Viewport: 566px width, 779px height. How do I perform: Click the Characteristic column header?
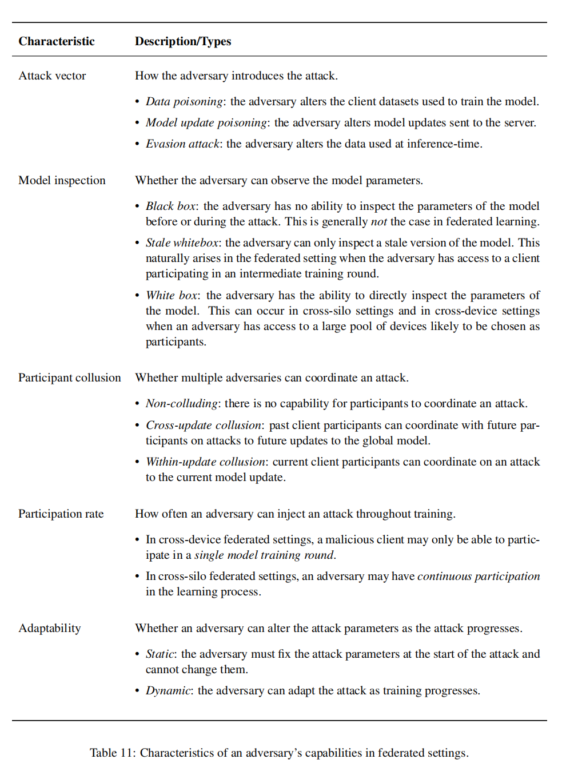tap(57, 41)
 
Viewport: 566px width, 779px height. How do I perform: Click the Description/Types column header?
tap(183, 41)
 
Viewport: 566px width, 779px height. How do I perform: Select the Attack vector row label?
tap(52, 75)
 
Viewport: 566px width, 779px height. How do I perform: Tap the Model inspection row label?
tap(62, 180)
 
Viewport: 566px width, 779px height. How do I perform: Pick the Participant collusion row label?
tap(70, 377)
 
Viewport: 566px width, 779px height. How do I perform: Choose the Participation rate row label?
tap(61, 514)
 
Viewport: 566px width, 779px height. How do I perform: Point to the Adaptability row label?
tap(50, 628)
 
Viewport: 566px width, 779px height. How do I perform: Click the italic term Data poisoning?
tap(184, 101)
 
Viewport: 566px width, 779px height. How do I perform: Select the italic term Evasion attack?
tap(182, 144)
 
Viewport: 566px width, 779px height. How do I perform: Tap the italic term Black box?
tap(170, 206)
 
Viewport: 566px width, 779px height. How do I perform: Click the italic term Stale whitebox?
tap(182, 243)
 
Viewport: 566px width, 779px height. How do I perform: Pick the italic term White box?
tap(172, 295)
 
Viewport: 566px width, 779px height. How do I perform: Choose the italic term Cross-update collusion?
tap(204, 425)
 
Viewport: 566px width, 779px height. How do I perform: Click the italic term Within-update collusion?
tap(205, 462)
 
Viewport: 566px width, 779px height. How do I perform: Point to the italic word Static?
tap(160, 654)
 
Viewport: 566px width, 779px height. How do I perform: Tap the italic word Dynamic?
tap(168, 690)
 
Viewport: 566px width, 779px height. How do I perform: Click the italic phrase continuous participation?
tap(479, 576)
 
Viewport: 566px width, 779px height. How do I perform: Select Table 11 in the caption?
tap(111, 753)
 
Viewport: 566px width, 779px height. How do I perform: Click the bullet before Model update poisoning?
tap(137, 123)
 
